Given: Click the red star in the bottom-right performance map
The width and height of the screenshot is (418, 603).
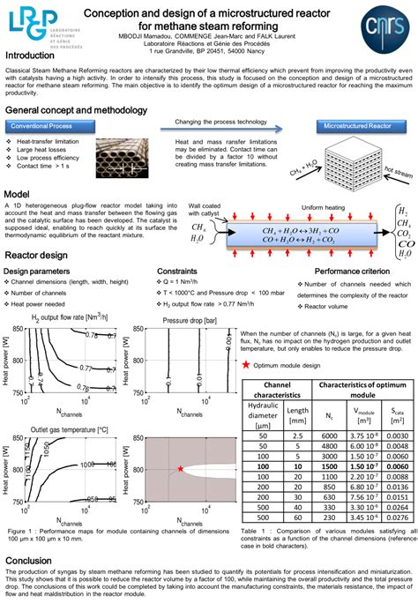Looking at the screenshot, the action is click(x=181, y=468).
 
